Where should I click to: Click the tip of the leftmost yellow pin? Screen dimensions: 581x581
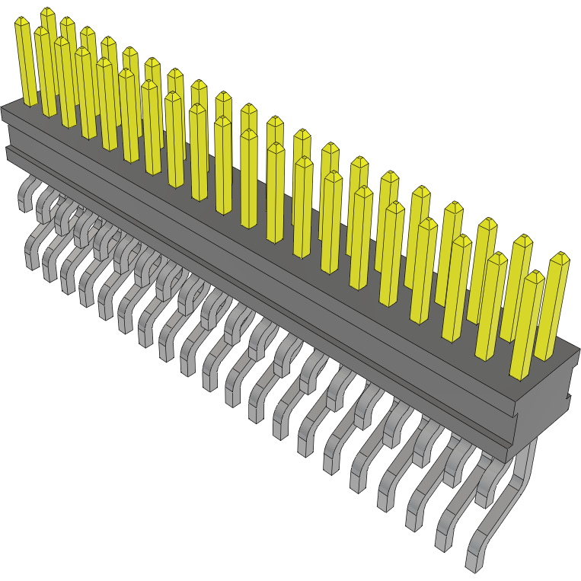pyautogui.click(x=22, y=23)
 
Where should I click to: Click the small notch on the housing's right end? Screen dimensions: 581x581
pyautogui.click(x=567, y=397)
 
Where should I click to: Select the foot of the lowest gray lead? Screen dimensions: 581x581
pyautogui.click(x=473, y=563)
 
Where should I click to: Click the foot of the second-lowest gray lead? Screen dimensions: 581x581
pyautogui.click(x=443, y=541)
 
